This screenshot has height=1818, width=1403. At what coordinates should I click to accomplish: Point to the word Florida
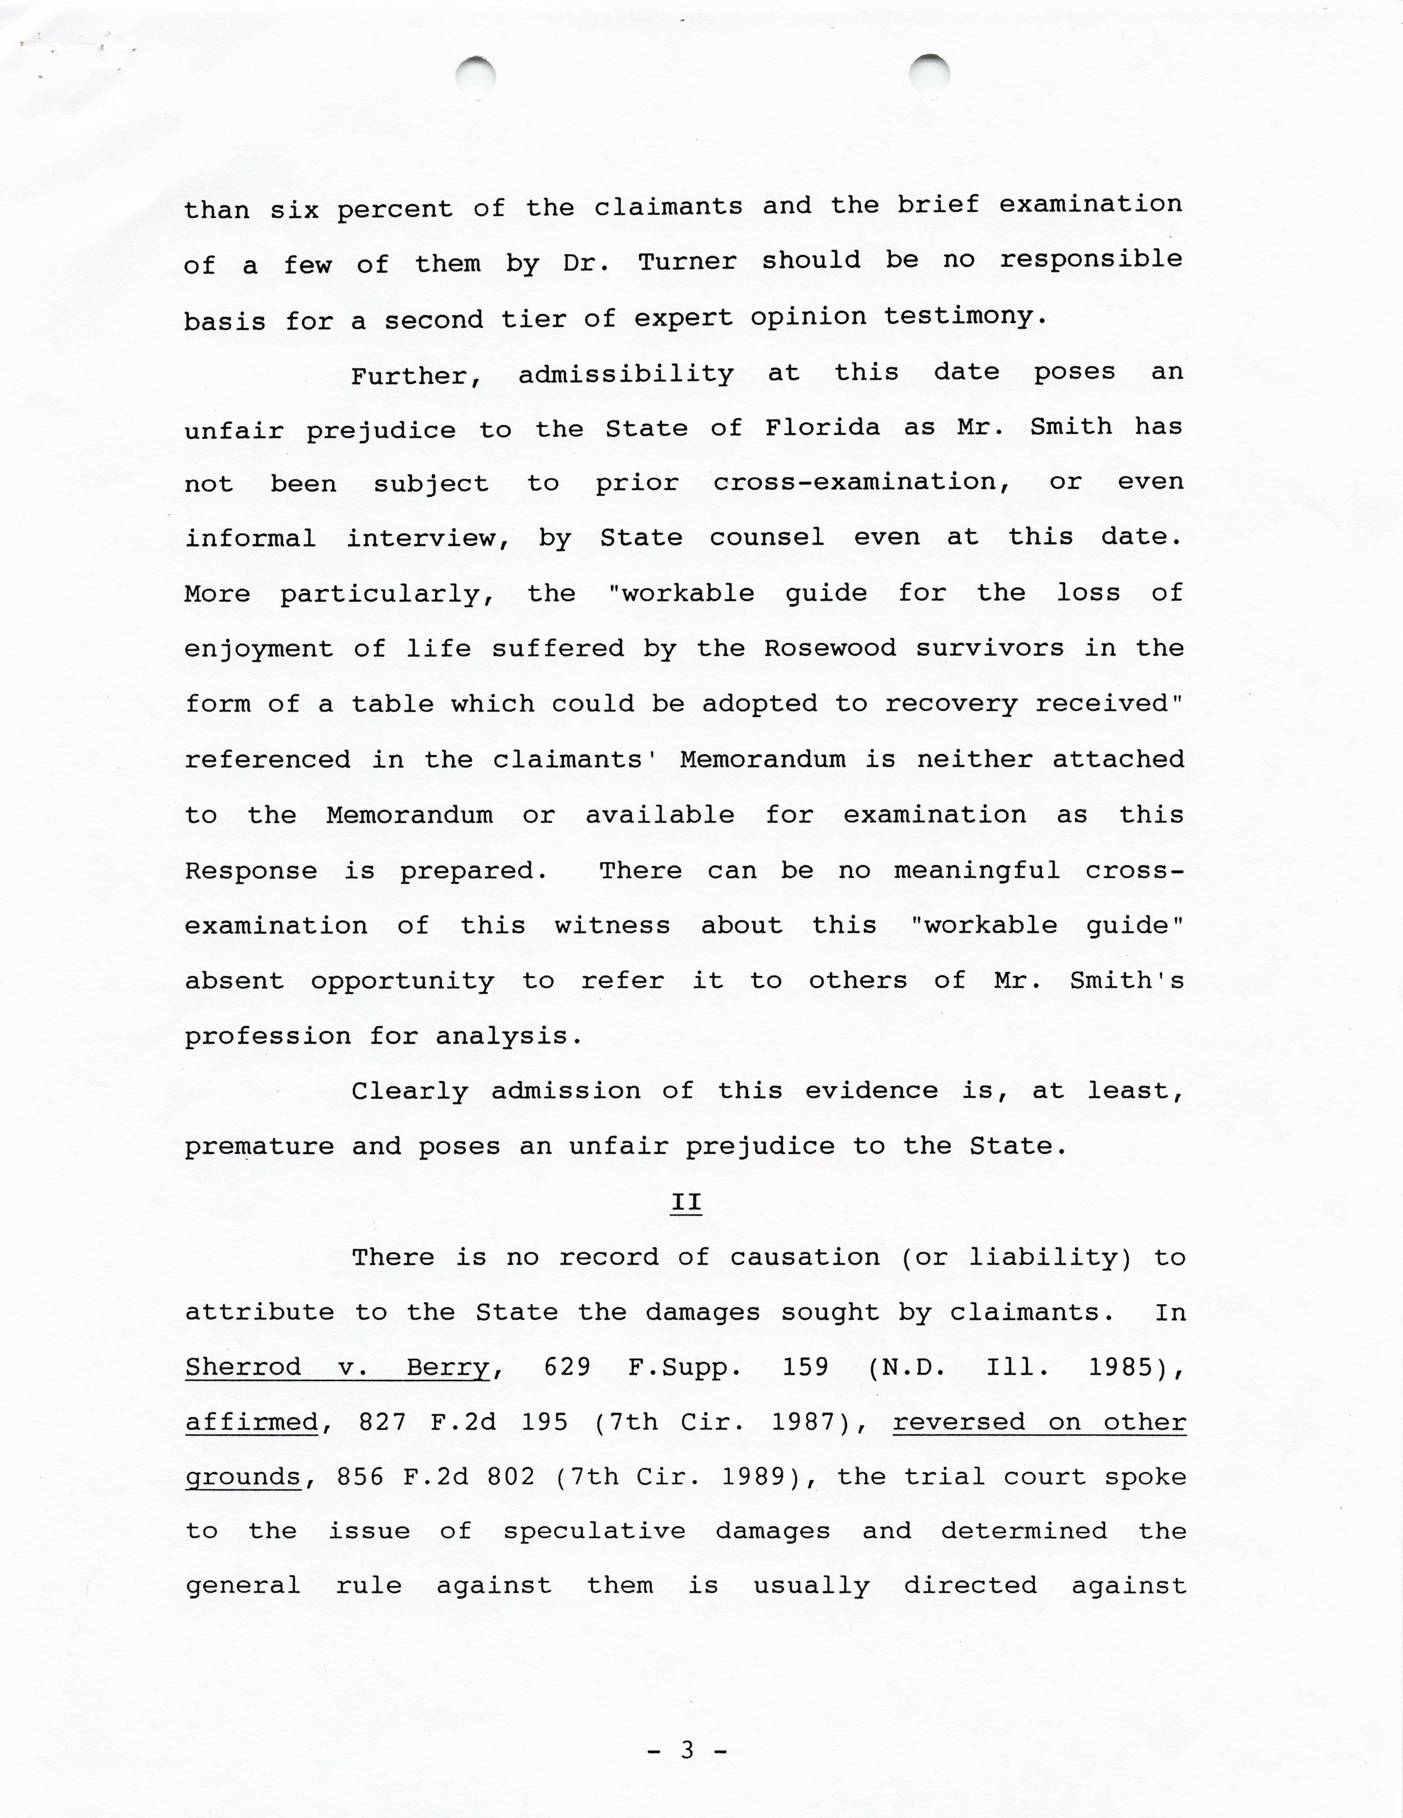[822, 428]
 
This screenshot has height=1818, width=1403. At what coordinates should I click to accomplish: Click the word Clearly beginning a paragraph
[410, 1091]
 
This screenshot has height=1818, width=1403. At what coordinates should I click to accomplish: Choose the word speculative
[594, 1532]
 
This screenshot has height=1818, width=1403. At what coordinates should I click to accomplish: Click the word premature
[259, 1147]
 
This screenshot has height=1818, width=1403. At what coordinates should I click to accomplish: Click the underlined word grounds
[243, 1478]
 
